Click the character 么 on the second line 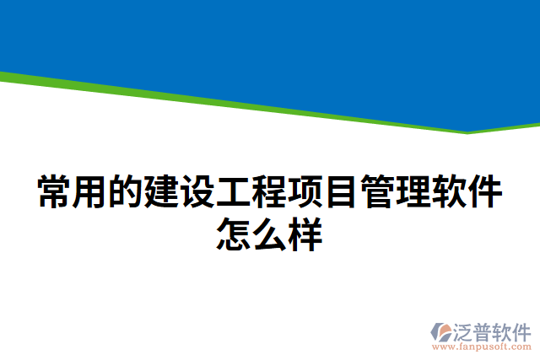(270, 234)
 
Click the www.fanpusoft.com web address (480, 346)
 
